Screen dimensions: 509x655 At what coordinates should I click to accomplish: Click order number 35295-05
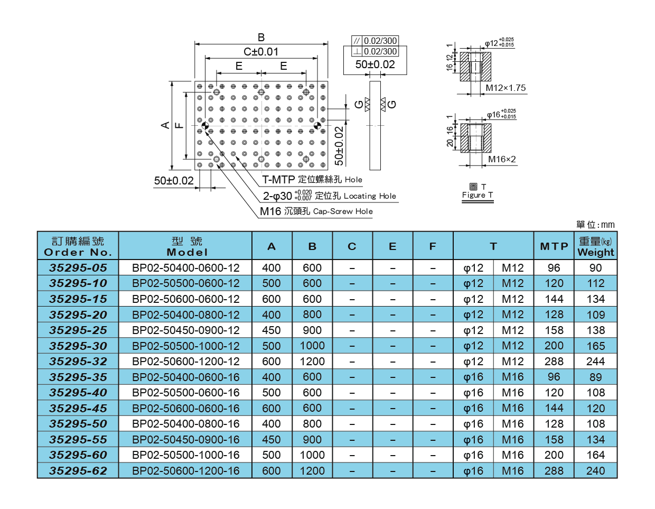pyautogui.click(x=78, y=267)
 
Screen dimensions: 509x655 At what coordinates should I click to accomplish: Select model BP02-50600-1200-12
pyautogui.click(x=185, y=362)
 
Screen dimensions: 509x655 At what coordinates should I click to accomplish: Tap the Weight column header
pyautogui.click(x=595, y=246)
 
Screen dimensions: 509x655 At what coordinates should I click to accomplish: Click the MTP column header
pyautogui.click(x=554, y=246)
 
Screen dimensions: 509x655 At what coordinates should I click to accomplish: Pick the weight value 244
pyautogui.click(x=595, y=362)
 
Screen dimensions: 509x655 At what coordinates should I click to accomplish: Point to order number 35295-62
pyautogui.click(x=78, y=470)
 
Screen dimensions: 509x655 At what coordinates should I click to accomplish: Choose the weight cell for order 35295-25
pyautogui.click(x=595, y=330)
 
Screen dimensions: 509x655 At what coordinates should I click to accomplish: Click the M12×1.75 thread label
pyautogui.click(x=506, y=88)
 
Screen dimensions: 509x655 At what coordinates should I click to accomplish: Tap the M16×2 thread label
pyautogui.click(x=502, y=159)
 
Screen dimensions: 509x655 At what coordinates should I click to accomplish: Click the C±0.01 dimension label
pyautogui.click(x=261, y=52)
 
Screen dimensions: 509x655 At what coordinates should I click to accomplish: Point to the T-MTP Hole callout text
pyautogui.click(x=312, y=180)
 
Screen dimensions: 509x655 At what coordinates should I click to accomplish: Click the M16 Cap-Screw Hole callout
pyautogui.click(x=316, y=211)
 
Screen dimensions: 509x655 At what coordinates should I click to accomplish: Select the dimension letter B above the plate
pyautogui.click(x=261, y=38)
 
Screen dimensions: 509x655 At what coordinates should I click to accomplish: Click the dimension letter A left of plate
pyautogui.click(x=165, y=125)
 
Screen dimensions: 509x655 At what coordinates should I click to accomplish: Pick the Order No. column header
pyautogui.click(x=78, y=246)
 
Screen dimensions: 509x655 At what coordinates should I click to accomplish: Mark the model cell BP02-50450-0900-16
pyautogui.click(x=185, y=440)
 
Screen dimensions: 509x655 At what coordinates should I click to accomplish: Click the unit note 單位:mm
pyautogui.click(x=595, y=225)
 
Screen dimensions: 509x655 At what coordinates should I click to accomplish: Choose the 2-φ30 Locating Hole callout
pyautogui.click(x=329, y=196)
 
